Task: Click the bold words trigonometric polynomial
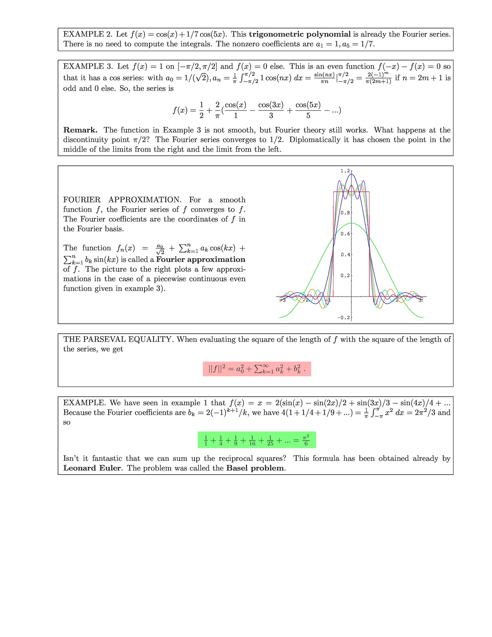pos(300,34)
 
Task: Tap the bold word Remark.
pos(80,130)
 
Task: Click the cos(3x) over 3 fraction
pos(271,110)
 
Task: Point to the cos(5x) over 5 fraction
pos(308,110)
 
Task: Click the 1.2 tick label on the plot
pos(345,171)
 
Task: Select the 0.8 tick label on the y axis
pos(345,213)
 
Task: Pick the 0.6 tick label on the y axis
pos(345,234)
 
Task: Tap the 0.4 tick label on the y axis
pos(345,255)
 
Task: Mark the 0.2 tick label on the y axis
pos(345,276)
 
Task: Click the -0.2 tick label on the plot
pos(343,317)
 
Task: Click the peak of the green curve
pos(351,223)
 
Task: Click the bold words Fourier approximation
pos(201,259)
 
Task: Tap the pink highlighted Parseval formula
pos(257,369)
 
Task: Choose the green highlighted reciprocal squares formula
pos(257,440)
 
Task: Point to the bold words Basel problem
pos(255,468)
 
